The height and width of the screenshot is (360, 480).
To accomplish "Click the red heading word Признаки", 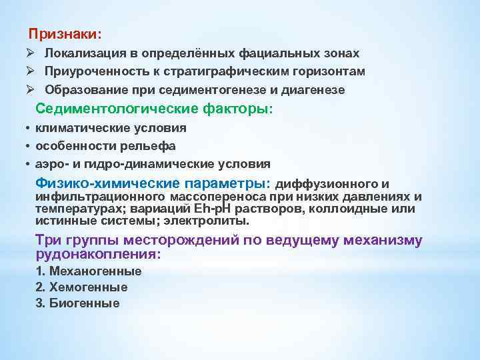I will point(65,33).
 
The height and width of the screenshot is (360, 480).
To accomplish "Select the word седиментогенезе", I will point(235,89).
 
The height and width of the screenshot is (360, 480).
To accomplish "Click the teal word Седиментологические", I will point(110,109).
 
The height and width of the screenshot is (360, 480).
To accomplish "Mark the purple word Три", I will point(48,241).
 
